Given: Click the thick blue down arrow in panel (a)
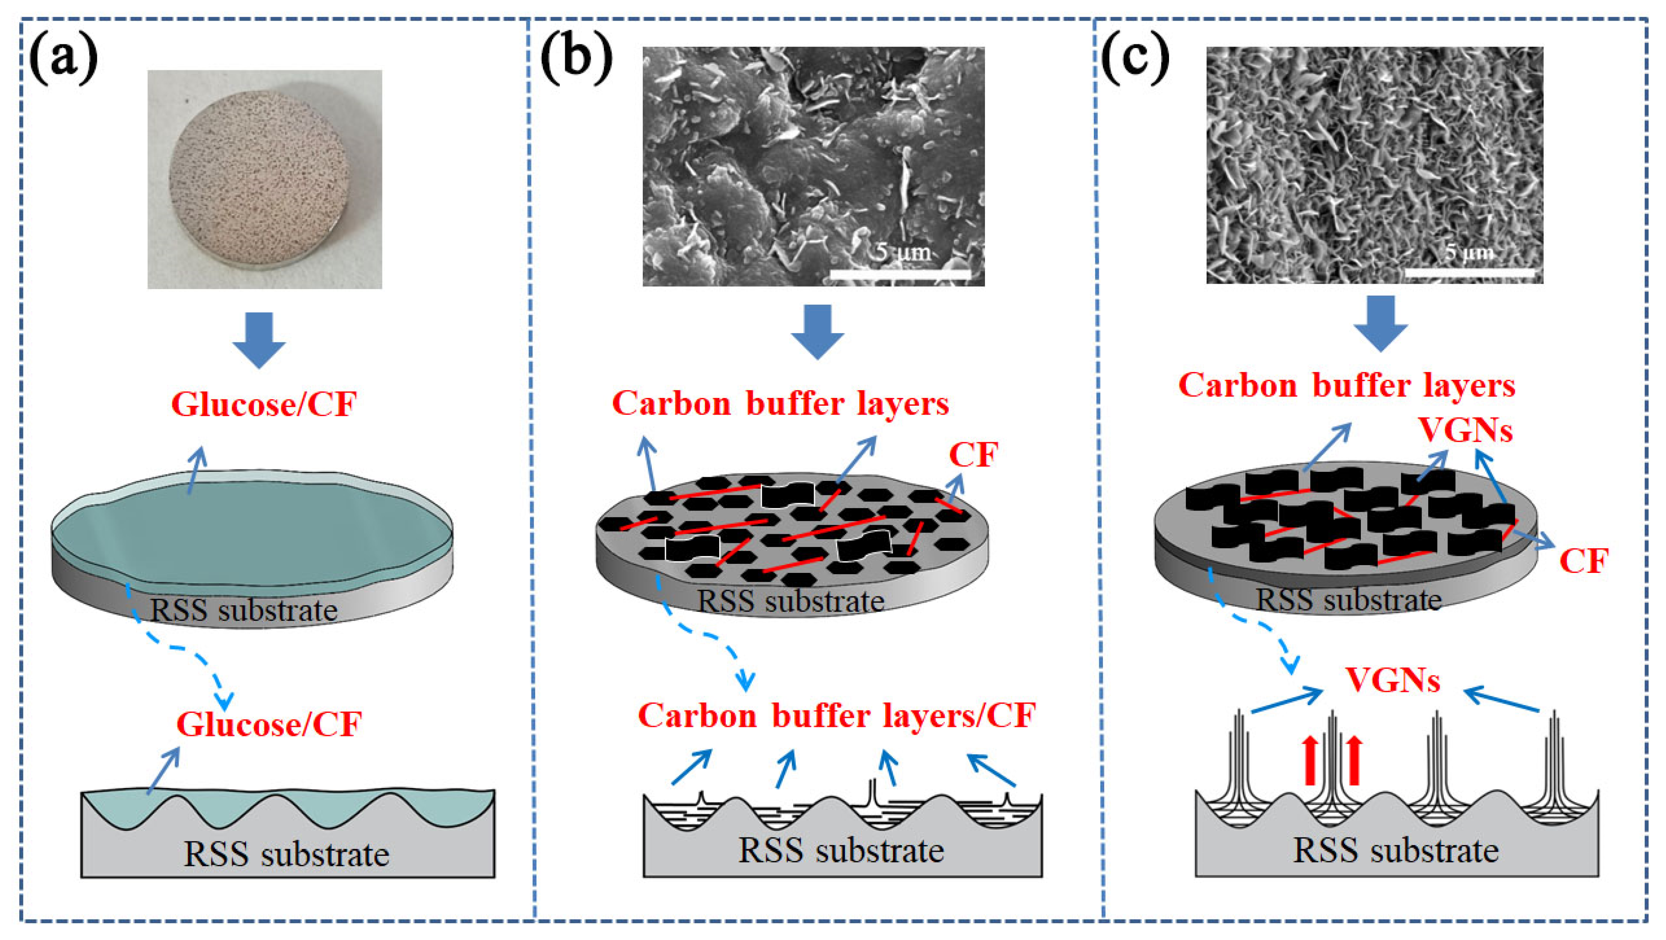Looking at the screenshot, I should pos(259,341).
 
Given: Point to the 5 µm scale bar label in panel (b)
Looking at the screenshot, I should pos(904,251).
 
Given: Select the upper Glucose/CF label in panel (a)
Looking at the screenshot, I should pos(264,405).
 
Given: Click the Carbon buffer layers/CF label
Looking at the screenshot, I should pos(837,716).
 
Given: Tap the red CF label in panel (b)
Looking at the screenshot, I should pos(973,455).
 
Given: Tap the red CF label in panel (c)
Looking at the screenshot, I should pos(1583,561).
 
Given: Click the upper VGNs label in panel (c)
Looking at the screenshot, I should pos(1465,430).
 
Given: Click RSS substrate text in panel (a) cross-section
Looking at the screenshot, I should pos(287,854).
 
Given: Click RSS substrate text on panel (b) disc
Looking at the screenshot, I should pos(790,601).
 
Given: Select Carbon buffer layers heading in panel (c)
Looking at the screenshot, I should pos(1346,386).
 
